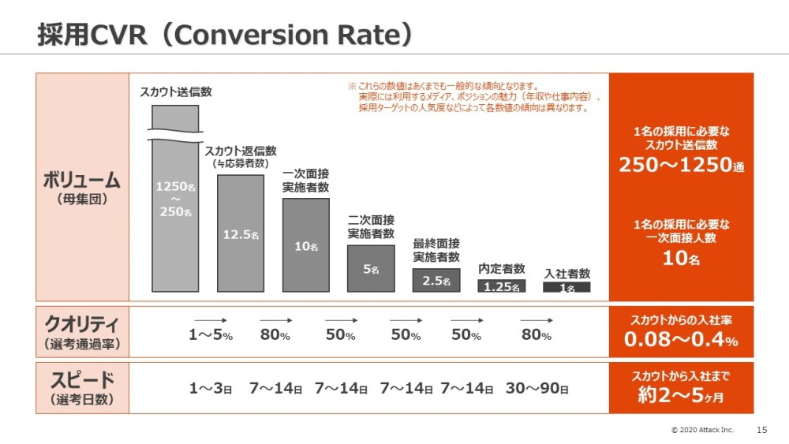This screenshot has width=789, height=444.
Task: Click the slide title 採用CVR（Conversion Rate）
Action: point(226,34)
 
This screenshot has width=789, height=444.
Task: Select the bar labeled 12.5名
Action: point(241,233)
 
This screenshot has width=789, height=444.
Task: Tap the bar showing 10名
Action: point(306,245)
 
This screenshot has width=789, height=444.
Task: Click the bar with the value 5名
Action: point(371,269)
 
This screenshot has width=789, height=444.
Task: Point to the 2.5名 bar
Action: point(436,281)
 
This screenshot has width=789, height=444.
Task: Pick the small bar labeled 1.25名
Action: point(501,286)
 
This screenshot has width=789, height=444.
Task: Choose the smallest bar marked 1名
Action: point(567,288)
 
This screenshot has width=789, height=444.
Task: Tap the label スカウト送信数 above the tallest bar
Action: point(176,91)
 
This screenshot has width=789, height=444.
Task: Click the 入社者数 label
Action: point(567,274)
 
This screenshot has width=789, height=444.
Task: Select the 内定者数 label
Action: point(501,269)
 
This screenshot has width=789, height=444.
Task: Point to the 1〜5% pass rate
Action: point(211,335)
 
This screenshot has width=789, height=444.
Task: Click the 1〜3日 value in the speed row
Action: point(211,388)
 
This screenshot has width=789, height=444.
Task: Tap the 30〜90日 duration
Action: point(537,388)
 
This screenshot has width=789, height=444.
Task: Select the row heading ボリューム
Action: point(82,180)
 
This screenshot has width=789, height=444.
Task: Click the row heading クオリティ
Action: point(82,324)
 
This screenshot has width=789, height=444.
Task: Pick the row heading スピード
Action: point(82,379)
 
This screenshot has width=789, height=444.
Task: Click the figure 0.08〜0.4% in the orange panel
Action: point(681,341)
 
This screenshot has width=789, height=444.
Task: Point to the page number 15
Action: point(761,430)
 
